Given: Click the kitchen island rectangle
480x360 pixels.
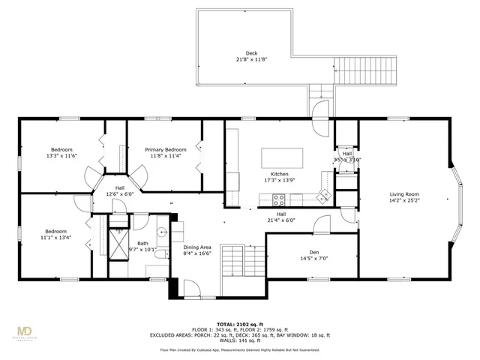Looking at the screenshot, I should (283, 158).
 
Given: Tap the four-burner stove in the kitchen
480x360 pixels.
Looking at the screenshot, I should (279, 199).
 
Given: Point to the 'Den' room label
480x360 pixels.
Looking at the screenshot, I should (314, 253).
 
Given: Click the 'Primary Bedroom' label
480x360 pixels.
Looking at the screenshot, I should (165, 150).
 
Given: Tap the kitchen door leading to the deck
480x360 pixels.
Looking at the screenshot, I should (320, 109).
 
